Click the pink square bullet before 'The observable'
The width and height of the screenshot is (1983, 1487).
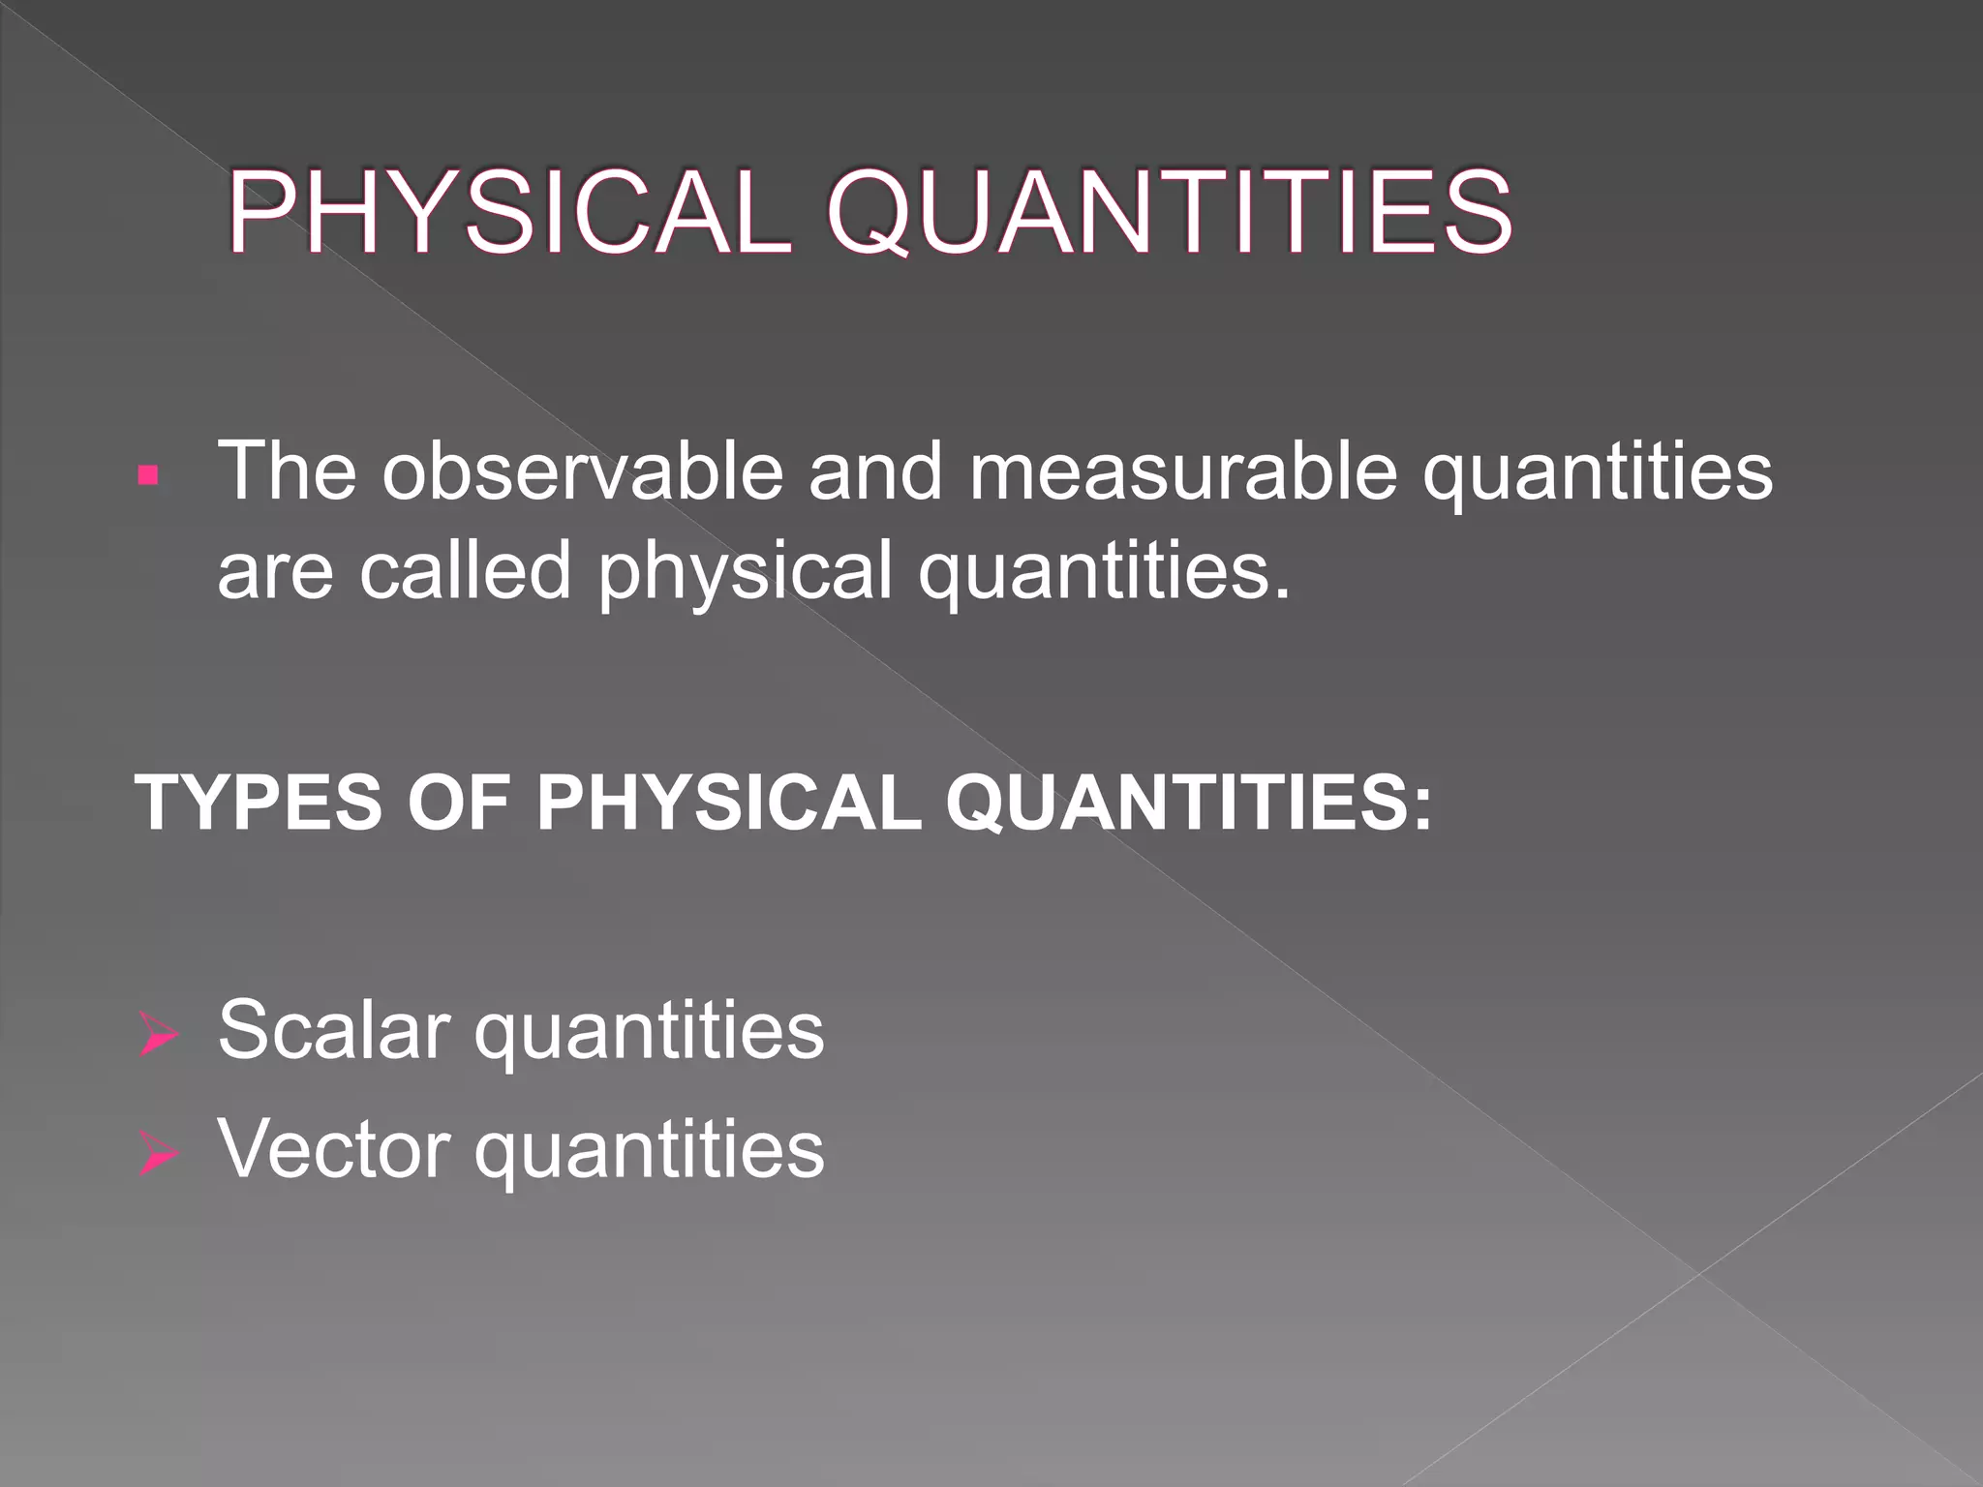tap(148, 474)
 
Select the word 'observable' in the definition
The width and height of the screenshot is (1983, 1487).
tap(582, 471)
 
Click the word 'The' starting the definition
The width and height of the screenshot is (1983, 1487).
tap(287, 471)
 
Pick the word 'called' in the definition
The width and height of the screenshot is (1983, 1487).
tap(465, 570)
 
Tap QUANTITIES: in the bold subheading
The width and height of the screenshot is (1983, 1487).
tap(1187, 803)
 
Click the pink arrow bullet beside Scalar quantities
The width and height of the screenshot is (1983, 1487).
tap(158, 1034)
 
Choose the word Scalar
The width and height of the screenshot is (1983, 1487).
tap(334, 1030)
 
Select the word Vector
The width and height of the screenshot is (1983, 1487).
tap(334, 1150)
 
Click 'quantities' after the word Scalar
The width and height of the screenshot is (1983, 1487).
tap(649, 1034)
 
